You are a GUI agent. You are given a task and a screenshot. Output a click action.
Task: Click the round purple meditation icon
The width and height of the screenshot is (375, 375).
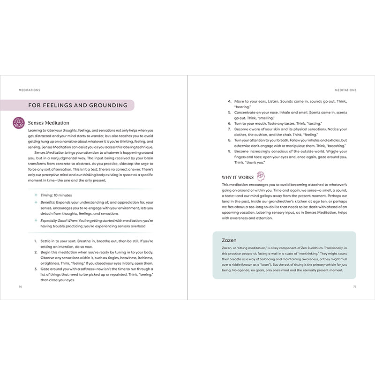19,123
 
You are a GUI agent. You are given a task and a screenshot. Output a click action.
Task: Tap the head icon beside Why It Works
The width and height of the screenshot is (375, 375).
261,177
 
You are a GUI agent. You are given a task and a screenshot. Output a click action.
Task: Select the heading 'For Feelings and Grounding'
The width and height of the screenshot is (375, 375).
78,105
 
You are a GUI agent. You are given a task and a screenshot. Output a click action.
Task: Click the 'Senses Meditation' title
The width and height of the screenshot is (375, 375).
48,123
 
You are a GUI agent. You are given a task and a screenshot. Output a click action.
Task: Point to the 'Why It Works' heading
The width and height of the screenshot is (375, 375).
238,177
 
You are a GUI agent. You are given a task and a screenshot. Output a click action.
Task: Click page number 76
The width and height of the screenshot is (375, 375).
20,285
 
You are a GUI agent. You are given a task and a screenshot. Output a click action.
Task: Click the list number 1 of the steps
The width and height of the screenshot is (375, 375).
36,241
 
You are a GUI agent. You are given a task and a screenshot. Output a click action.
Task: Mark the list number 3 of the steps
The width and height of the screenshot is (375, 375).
36,270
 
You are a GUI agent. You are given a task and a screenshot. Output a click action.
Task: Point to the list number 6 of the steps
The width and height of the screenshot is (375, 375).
229,123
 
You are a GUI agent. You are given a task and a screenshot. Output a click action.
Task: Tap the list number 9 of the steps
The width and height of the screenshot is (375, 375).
229,151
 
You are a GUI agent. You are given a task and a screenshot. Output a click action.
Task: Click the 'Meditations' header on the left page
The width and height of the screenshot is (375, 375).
29,90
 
